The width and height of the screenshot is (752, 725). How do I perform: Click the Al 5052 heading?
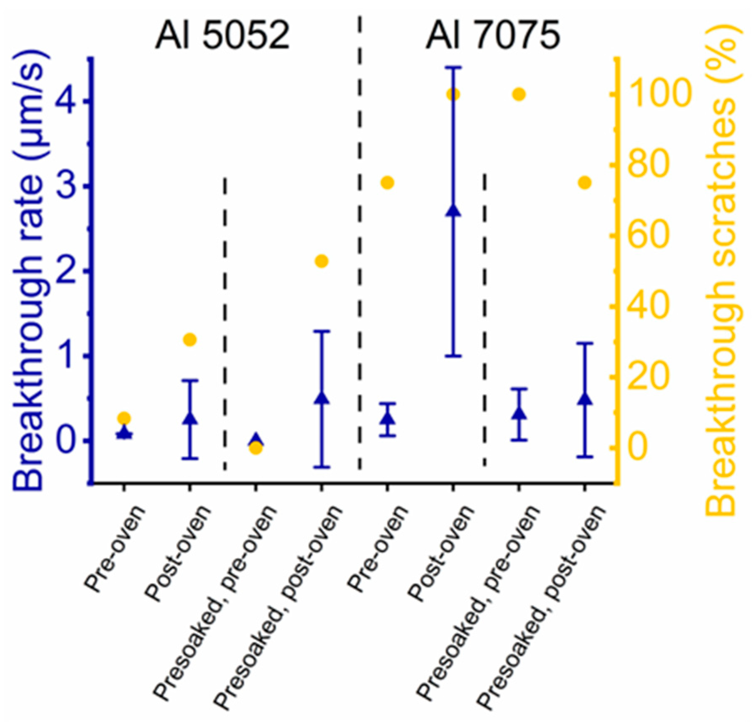point(222,36)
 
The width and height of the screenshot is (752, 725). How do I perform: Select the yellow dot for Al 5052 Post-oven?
point(190,340)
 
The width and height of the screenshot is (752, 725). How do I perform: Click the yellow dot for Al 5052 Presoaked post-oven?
point(322,261)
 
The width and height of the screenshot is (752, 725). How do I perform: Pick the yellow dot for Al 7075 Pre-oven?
point(387,183)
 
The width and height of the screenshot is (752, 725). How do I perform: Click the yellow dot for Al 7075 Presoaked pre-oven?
point(519,95)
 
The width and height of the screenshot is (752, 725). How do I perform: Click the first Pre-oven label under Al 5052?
point(114,549)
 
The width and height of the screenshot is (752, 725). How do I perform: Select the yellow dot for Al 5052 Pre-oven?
point(124,418)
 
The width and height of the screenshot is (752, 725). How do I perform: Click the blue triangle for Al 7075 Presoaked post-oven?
point(585,399)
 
